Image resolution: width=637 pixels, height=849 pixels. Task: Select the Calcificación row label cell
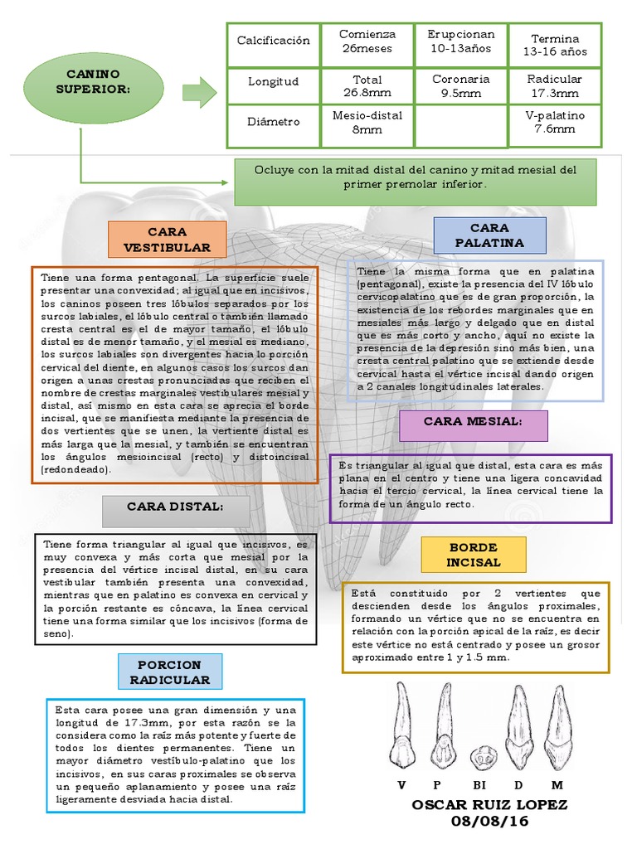[x=273, y=41]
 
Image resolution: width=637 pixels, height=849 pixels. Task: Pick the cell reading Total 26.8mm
[x=367, y=85]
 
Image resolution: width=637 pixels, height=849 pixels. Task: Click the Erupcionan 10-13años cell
[x=460, y=41]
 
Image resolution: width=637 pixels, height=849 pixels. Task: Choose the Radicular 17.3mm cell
[x=555, y=85]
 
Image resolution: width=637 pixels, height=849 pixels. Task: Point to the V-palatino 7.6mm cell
[x=555, y=122]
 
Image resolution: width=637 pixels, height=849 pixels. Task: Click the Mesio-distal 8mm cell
[x=367, y=122]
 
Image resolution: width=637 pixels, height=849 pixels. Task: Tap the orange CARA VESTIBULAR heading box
[x=167, y=239]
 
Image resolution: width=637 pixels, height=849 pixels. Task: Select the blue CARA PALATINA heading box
[x=489, y=235]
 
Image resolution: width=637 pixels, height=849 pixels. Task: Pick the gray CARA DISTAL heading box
[x=175, y=511]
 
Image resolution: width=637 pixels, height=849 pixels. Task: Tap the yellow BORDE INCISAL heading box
[x=474, y=555]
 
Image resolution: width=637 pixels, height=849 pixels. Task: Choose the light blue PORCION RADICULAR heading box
[x=169, y=672]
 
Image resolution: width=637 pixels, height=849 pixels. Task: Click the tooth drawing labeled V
[x=402, y=726]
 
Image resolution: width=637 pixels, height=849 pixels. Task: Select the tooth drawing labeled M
[x=557, y=728]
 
